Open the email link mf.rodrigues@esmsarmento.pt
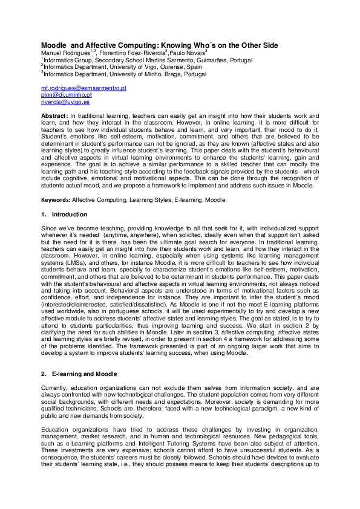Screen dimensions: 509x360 click(83, 88)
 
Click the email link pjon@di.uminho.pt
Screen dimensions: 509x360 click(66, 95)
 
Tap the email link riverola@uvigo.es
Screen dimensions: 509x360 click(65, 102)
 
